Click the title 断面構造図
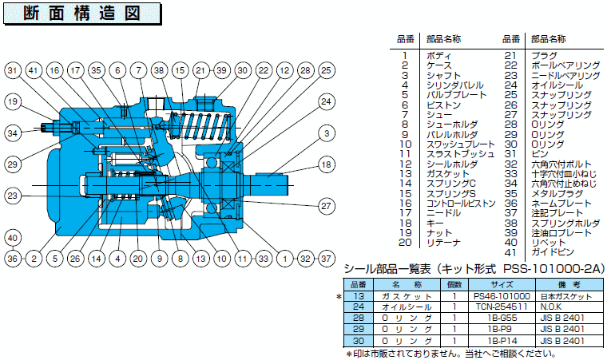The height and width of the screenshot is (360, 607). click(x=82, y=13)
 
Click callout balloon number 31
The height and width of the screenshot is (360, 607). click(x=13, y=70)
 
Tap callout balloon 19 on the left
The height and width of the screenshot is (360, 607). click(x=13, y=102)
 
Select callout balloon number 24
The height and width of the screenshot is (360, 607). click(x=327, y=102)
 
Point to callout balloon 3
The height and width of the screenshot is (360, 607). click(x=327, y=133)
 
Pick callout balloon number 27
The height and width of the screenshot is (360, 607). click(x=327, y=206)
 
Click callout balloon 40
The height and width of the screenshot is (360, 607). click(x=13, y=238)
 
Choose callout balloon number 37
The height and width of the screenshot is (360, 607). click(x=327, y=259)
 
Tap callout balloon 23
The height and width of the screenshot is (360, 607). click(x=13, y=196)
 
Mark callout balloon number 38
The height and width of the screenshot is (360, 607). click(x=159, y=70)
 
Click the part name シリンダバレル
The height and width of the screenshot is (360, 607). click(x=455, y=85)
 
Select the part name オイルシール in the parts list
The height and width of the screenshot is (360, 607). click(x=557, y=85)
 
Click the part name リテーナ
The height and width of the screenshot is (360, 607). click(x=443, y=243)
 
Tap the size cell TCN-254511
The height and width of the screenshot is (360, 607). click(x=502, y=307)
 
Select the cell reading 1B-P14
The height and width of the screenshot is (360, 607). click(x=502, y=341)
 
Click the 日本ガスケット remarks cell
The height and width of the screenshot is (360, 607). click(x=566, y=296)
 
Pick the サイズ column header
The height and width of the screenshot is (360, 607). click(x=502, y=285)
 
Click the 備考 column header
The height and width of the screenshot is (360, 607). click(x=569, y=285)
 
